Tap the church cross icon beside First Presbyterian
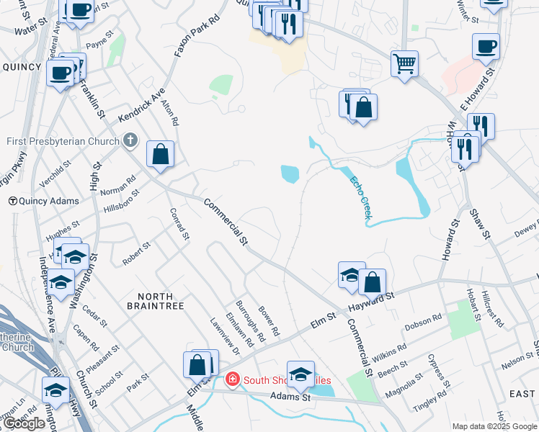(130, 140)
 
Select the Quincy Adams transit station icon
(12, 201)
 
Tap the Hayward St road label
(372, 300)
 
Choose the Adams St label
(290, 397)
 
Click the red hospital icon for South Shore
(232, 379)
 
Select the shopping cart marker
(405, 63)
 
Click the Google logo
(24, 423)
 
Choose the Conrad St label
(179, 224)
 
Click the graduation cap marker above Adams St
(300, 374)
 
